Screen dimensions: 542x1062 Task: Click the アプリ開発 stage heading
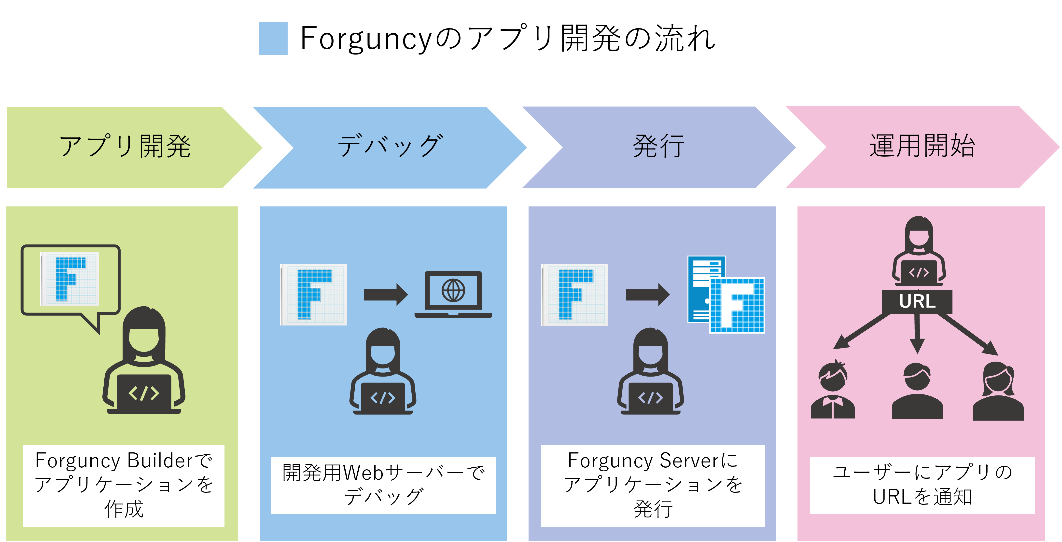[x=125, y=146]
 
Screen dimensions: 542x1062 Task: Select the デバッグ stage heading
[x=390, y=146]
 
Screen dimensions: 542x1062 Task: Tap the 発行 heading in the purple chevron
[x=658, y=146]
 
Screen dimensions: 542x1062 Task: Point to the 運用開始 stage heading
[x=922, y=146]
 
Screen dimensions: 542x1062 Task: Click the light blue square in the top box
[x=273, y=38]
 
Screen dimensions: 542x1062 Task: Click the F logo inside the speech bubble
[x=70, y=279]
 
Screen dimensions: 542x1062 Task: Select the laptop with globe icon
[x=453, y=294]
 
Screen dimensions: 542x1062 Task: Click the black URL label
[x=917, y=301]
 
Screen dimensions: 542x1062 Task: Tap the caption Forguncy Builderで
[x=124, y=461]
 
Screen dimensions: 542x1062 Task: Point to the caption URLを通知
[x=922, y=497]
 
